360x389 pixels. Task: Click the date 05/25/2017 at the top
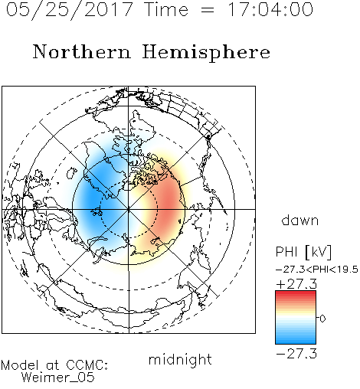tap(70, 9)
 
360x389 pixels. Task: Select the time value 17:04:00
tap(270, 9)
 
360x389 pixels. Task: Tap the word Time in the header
tap(166, 9)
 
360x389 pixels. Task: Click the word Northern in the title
tap(82, 51)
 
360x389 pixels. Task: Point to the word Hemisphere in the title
tap(206, 53)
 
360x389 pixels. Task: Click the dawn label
tap(300, 220)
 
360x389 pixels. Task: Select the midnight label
tap(180, 359)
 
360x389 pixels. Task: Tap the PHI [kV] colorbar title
tap(303, 252)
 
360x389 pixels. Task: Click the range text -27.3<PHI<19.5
tap(317, 270)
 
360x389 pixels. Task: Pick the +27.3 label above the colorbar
tap(296, 284)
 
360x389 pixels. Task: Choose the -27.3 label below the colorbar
tap(296, 354)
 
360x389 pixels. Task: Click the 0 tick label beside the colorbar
tap(322, 319)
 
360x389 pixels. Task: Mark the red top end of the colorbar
tap(296, 293)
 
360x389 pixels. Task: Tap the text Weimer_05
tap(57, 378)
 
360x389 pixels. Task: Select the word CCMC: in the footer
tap(87, 365)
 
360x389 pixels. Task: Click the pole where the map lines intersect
tap(129, 209)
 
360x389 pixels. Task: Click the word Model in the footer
tap(20, 365)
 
